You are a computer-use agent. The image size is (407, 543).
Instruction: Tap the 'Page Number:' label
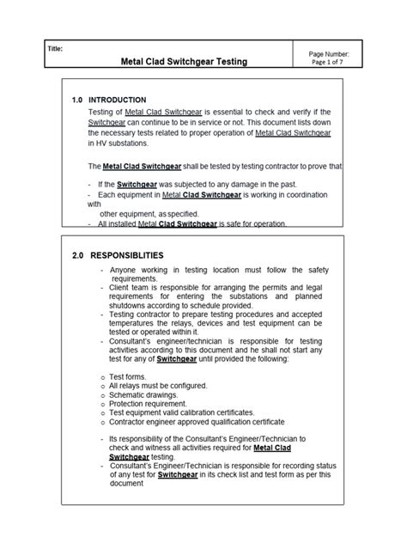(x=329, y=53)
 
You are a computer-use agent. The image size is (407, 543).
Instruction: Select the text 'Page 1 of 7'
(x=329, y=63)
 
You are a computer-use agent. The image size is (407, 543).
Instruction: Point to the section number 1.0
(x=79, y=100)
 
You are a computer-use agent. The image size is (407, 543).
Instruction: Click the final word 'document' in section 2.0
(x=126, y=483)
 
